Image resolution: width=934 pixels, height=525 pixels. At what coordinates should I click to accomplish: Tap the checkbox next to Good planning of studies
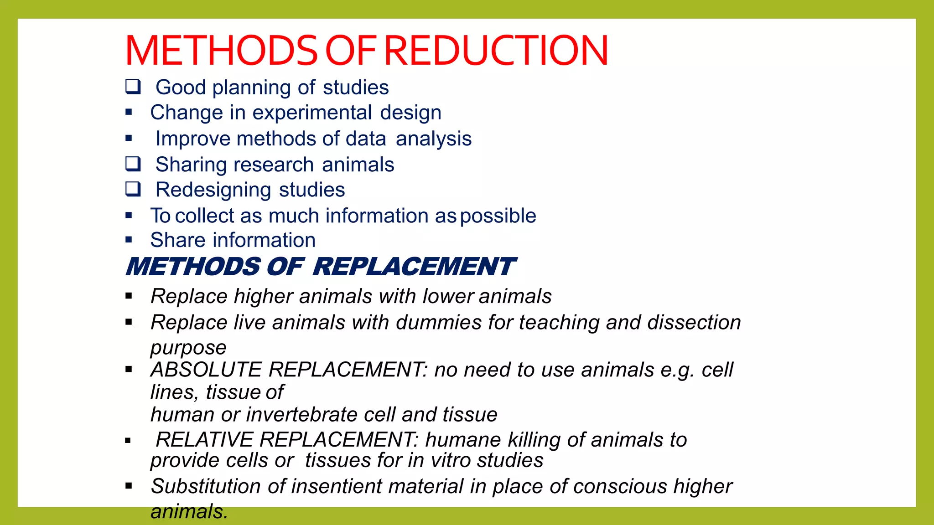tap(133, 86)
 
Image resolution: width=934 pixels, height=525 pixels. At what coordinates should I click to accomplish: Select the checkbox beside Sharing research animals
tap(133, 164)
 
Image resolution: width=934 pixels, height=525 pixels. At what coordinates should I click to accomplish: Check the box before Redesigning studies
tap(133, 189)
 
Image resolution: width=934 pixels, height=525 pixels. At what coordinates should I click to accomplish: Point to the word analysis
tap(433, 139)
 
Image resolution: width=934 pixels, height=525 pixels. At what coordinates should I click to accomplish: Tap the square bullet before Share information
tap(129, 240)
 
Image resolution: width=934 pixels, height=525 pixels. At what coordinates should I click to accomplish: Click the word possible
tap(498, 216)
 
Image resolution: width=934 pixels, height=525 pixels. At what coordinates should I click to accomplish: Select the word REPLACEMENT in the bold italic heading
tap(414, 267)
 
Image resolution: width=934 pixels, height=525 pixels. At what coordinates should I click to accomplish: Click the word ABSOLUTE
tap(206, 370)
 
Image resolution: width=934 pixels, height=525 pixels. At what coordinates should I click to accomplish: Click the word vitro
tap(451, 460)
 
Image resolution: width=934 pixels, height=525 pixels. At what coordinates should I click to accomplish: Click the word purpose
tap(188, 348)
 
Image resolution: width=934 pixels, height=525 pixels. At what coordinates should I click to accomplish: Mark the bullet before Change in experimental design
tap(129, 112)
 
